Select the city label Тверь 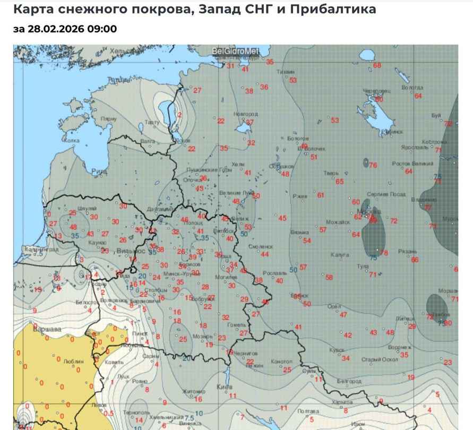pyautogui.click(x=331, y=173)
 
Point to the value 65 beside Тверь pyautogui.click(x=340, y=182)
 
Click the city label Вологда pyautogui.click(x=412, y=87)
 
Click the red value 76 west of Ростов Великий pyautogui.click(x=373, y=166)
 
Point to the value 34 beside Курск pyautogui.click(x=346, y=358)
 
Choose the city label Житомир pyautogui.click(x=194, y=392)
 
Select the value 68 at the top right pyautogui.click(x=377, y=65)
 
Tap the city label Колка pyautogui.click(x=71, y=141)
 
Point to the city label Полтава pyautogui.click(x=308, y=411)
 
